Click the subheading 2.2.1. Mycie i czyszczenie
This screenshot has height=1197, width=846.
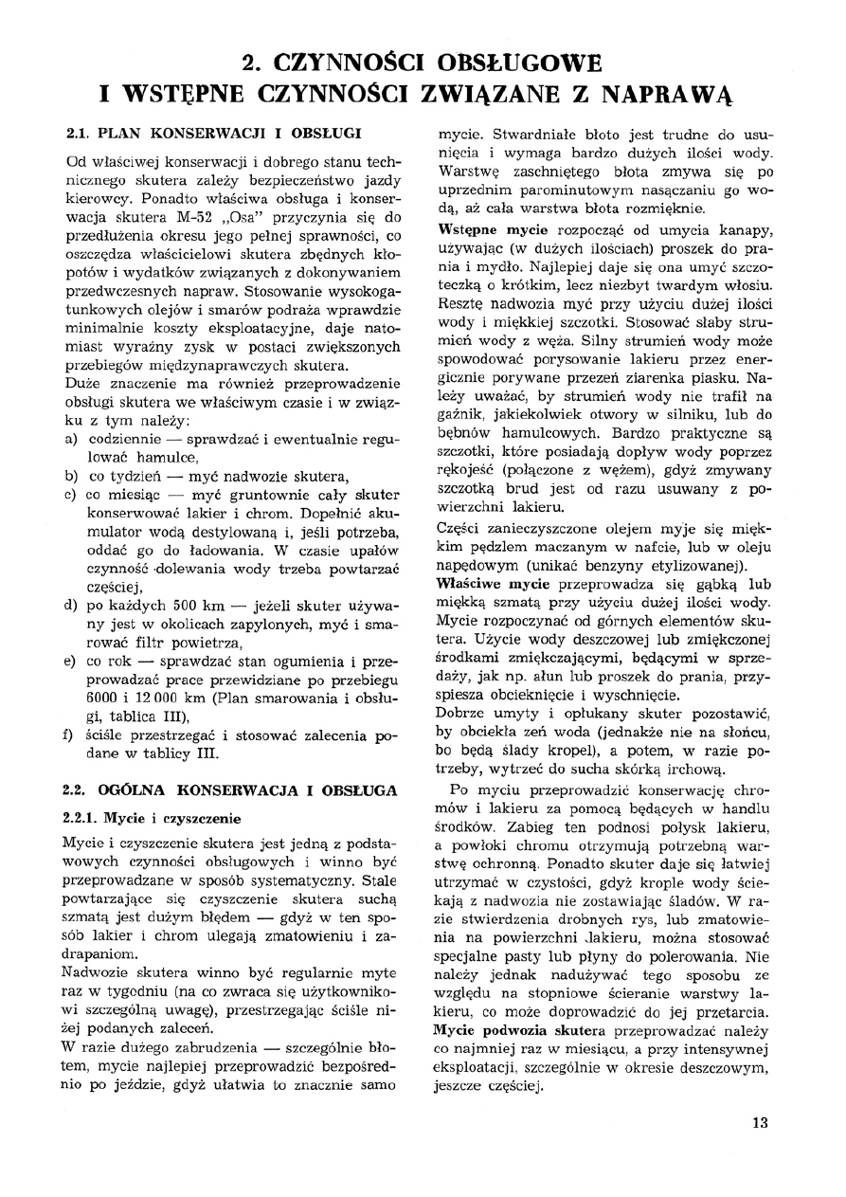[x=151, y=818]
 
